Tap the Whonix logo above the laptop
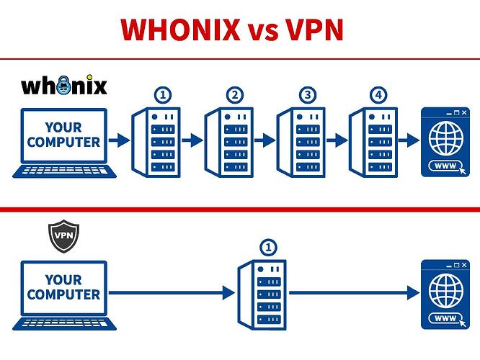click(x=64, y=86)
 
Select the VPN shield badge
click(x=63, y=235)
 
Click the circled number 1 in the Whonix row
click(x=162, y=95)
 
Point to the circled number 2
click(x=234, y=95)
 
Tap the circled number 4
click(x=378, y=95)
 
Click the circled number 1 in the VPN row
click(x=268, y=248)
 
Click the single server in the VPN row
click(x=262, y=293)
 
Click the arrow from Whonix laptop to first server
click(x=119, y=140)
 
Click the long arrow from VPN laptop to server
click(x=173, y=292)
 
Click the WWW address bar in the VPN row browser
click(x=444, y=318)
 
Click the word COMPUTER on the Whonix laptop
click(x=63, y=142)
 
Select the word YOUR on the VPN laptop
click(x=63, y=279)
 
